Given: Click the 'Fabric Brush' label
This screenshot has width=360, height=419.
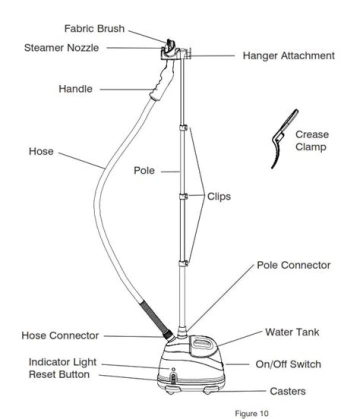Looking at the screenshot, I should pos(94,28).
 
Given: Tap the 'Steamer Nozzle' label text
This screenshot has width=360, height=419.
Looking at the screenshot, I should pos(61,48).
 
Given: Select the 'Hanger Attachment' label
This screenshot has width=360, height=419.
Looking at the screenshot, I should pos(288,55).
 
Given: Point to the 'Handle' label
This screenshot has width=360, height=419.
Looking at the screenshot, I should pos(75,89).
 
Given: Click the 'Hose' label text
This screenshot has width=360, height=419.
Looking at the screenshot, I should pos(41,151).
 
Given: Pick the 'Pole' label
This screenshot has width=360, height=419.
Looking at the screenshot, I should pos(144,171).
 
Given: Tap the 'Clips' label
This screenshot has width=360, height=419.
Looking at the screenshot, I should pos(219,196).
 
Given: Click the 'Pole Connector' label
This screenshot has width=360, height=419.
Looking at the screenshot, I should pos(293,265).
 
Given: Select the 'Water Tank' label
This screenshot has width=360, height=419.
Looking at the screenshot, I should pos(292,332).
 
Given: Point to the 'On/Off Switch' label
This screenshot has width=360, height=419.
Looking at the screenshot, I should pos(288,364).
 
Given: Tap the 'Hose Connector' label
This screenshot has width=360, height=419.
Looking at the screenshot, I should pos(60,335).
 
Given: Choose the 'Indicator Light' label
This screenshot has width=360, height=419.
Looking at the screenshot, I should pos(62,362).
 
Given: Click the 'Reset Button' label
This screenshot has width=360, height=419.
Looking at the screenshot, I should pos(59,374).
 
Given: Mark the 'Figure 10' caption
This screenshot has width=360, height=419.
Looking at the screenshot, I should pos(251,413).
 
